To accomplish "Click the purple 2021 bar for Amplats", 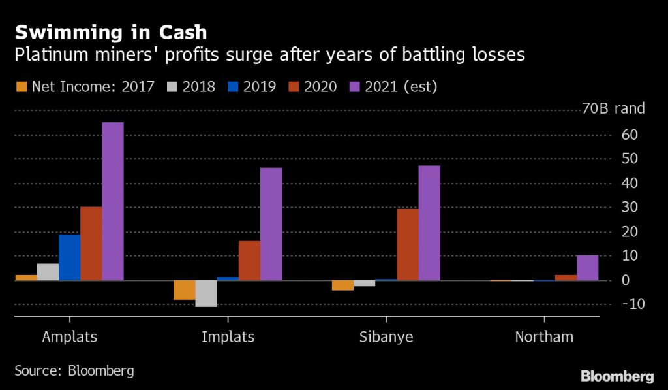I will coord(113,201).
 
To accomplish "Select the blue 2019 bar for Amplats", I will coord(69,257).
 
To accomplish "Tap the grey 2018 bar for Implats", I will coord(206,293).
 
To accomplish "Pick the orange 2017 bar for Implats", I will coord(185,290).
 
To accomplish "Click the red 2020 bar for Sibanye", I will coord(408,244).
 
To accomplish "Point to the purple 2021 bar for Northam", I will coord(588,268).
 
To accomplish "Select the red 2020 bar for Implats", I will coord(249,261).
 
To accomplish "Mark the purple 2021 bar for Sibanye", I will coord(429,223).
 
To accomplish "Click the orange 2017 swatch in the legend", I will coord(20,86).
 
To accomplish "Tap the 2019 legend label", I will coord(260,86).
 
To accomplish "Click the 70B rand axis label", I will coord(613,108).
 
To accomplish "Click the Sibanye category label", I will coord(386,337).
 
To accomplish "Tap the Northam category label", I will coord(544,337).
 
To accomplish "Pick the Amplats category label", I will coord(69,337).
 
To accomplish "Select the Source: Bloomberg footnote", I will coord(74,370).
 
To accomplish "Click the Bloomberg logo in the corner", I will coord(617,376).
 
